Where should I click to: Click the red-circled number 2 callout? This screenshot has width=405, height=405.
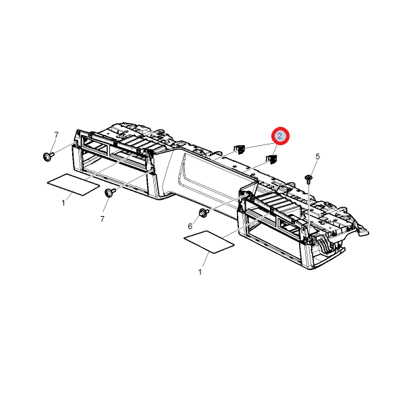point(280,136)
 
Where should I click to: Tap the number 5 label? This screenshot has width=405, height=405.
point(317,157)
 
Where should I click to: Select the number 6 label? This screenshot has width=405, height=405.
point(190,227)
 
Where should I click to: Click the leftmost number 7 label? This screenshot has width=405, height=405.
point(56,135)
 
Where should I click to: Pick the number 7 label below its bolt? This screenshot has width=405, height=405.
point(103,219)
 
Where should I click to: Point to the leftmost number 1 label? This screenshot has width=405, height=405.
point(63,203)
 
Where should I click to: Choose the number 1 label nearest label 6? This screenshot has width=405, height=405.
point(200,272)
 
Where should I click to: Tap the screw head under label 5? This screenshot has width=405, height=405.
point(308,178)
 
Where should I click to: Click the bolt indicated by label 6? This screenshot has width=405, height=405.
point(204,213)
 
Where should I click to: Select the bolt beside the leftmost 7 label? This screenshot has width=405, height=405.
point(48,157)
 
